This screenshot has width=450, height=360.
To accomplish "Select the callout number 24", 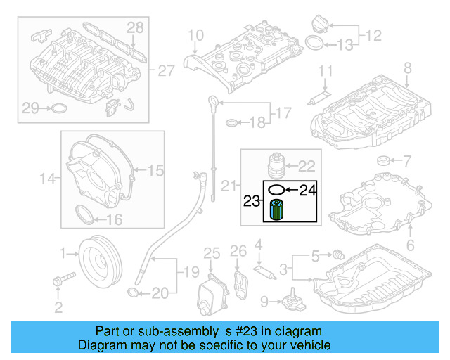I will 309,189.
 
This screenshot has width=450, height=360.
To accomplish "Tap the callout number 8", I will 407,68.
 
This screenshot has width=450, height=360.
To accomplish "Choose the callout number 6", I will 411,245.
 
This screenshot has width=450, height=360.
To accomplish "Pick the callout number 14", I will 47,179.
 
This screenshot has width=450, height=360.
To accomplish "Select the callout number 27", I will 165,71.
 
